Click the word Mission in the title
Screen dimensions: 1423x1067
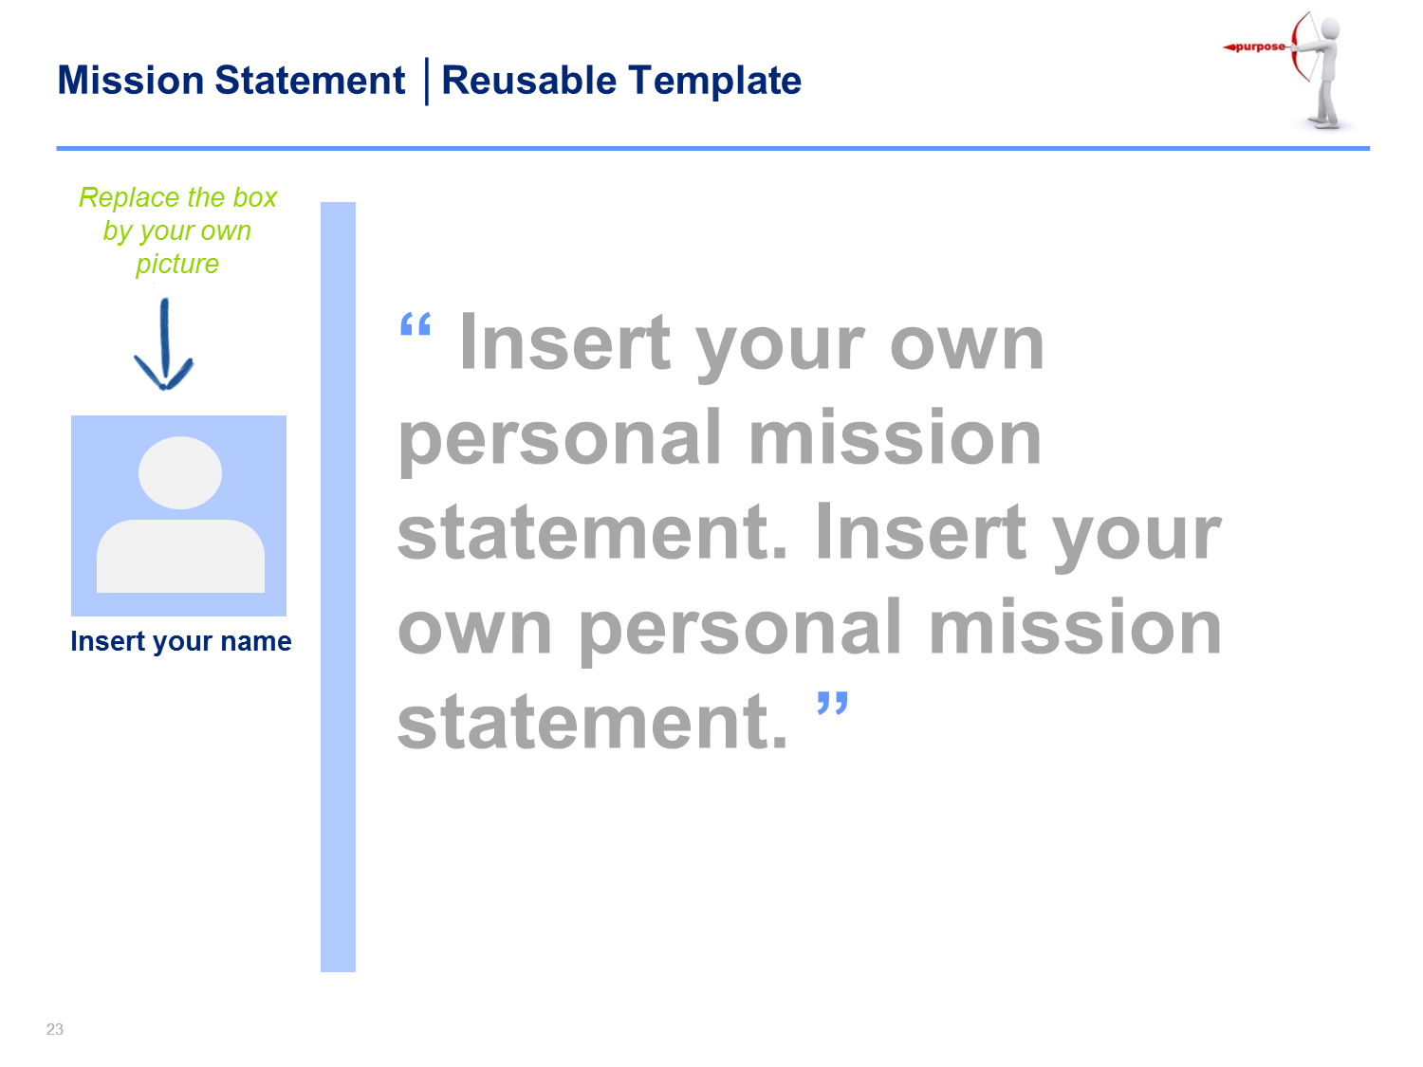click(x=130, y=81)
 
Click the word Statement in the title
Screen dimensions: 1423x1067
click(x=310, y=81)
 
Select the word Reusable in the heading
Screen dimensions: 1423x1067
click(x=529, y=81)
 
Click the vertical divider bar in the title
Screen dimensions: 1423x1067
click(x=427, y=82)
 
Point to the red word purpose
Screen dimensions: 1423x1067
click(x=1260, y=46)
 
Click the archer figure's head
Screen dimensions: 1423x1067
click(x=1330, y=29)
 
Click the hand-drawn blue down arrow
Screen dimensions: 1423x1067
click(x=164, y=344)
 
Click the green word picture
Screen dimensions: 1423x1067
click(x=177, y=265)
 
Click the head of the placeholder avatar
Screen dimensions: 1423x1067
click(x=180, y=472)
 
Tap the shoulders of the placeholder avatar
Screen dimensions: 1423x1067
click(x=180, y=556)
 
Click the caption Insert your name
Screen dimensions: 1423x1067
click(x=181, y=641)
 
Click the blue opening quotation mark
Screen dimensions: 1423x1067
click(x=416, y=324)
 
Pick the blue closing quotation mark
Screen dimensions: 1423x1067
click(x=832, y=703)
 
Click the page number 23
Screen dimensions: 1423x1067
click(x=55, y=1029)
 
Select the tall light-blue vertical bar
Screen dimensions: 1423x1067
click(x=338, y=587)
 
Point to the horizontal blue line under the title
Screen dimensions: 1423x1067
click(x=713, y=148)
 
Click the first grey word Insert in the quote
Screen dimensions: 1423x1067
click(x=564, y=342)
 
